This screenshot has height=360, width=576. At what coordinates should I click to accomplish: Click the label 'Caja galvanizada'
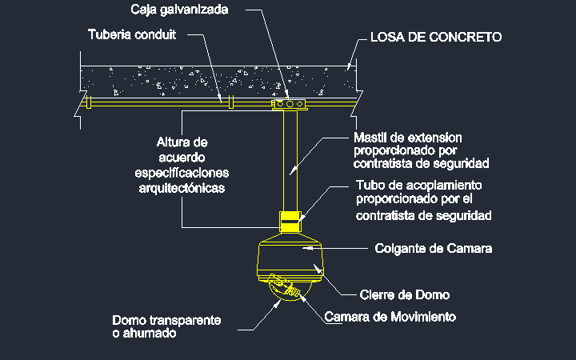click(x=179, y=9)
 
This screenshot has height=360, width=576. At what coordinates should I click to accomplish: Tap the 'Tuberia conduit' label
click(x=132, y=34)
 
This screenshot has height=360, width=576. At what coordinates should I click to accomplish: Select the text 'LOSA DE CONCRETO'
click(x=436, y=37)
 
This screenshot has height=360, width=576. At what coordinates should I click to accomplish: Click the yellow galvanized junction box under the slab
click(x=290, y=104)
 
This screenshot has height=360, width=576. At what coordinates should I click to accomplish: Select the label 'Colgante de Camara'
click(x=433, y=248)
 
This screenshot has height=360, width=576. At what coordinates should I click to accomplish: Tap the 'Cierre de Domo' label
click(x=405, y=294)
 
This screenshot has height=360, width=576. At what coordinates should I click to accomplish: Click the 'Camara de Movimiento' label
click(x=390, y=317)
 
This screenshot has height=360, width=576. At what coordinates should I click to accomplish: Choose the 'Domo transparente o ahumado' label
click(x=166, y=326)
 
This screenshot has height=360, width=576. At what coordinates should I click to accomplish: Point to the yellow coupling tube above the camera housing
click(x=290, y=222)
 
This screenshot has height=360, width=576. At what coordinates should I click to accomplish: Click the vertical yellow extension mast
click(x=290, y=161)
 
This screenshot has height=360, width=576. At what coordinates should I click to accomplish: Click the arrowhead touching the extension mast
click(x=293, y=170)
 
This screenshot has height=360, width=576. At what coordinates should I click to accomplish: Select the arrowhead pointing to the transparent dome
click(x=278, y=303)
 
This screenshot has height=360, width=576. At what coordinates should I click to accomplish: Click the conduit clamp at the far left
click(x=88, y=102)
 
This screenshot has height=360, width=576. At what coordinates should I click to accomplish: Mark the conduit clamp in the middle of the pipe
click(x=230, y=102)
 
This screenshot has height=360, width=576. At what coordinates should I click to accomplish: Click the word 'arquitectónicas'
click(x=182, y=188)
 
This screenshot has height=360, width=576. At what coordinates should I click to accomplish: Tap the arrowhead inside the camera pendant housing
click(x=308, y=248)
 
